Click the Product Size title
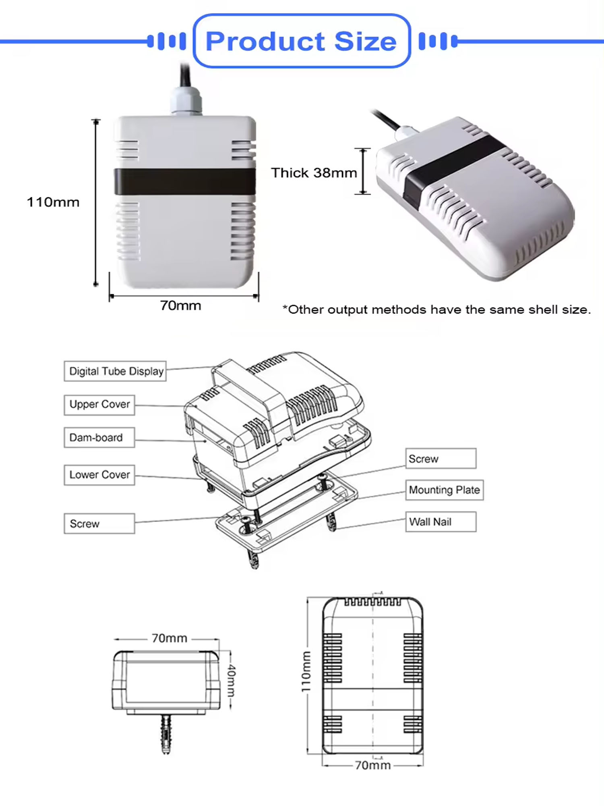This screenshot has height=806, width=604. [301, 41]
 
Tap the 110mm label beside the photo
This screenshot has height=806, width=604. [53, 202]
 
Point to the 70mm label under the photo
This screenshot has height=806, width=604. [180, 305]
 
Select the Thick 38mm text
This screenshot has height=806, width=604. [314, 172]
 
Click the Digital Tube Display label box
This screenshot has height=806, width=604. [115, 371]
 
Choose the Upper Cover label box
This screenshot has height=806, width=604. [99, 405]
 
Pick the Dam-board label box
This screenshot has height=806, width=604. [99, 438]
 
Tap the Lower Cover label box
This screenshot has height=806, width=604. [99, 475]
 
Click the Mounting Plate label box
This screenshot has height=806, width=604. [444, 490]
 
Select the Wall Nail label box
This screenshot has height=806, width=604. [441, 522]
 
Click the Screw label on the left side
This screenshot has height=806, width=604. [99, 523]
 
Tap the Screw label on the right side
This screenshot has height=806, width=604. [441, 459]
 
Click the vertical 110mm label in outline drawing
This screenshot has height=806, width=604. [306, 671]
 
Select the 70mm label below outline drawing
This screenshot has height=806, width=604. [372, 765]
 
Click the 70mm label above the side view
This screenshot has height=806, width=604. [169, 638]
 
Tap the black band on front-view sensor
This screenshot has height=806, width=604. [185, 182]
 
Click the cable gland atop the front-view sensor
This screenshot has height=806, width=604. [185, 101]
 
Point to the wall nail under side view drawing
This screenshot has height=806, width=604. [166, 733]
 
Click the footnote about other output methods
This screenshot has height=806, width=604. [436, 310]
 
